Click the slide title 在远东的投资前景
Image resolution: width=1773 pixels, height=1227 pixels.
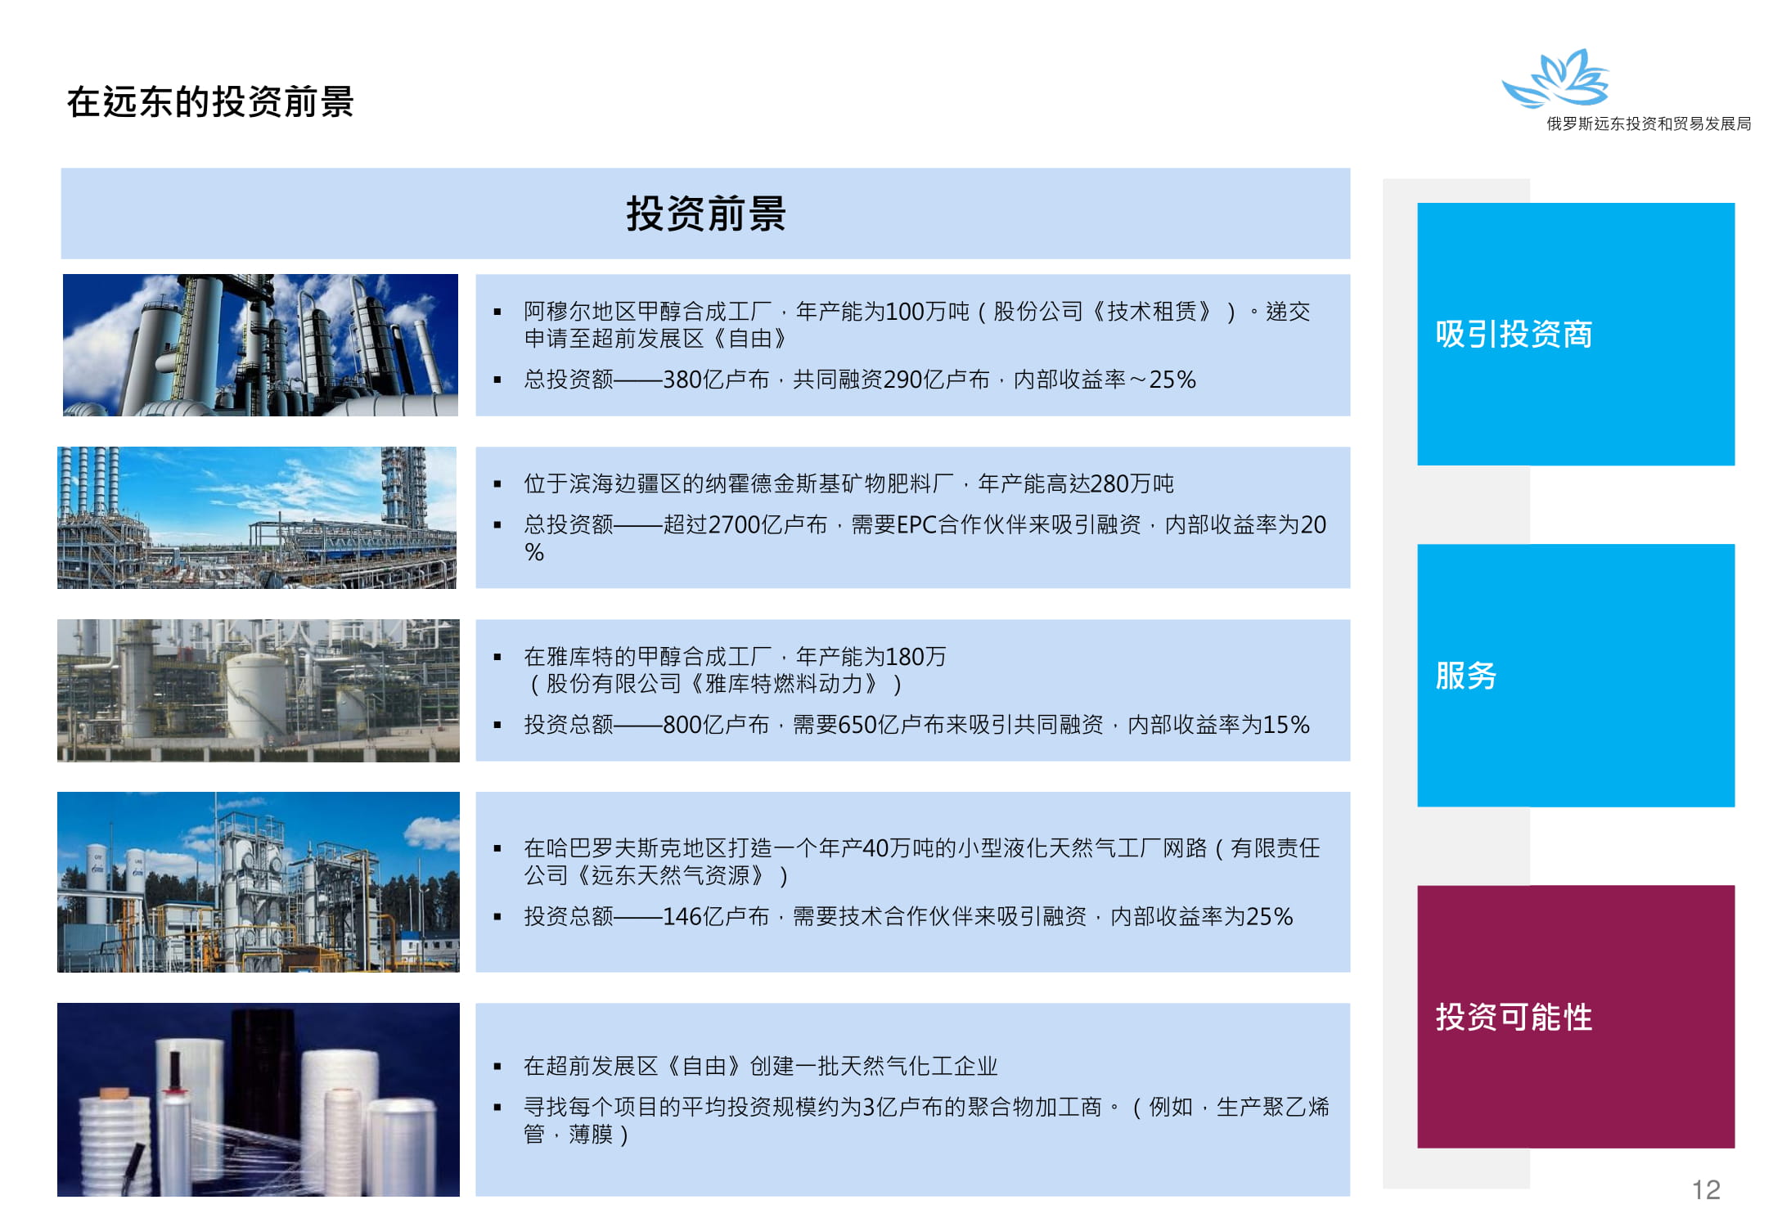point(210,102)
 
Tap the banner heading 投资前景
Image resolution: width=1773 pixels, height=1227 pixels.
point(706,213)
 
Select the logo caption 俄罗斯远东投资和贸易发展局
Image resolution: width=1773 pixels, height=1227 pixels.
point(1648,124)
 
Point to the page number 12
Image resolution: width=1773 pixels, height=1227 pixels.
point(1706,1190)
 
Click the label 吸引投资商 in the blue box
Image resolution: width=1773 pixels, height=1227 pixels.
point(1514,334)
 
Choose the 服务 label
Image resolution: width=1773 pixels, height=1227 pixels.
point(1466,676)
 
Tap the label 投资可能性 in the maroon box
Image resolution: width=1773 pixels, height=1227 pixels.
point(1514,1017)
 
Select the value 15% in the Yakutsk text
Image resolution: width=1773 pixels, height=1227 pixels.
point(1286,725)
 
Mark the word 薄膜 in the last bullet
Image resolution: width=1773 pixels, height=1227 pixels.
point(591,1135)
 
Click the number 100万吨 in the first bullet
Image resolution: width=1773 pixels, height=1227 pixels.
point(928,312)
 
